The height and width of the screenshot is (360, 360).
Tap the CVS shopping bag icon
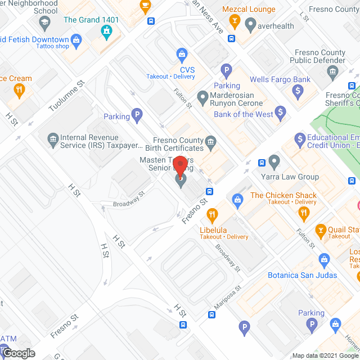coord(182,55)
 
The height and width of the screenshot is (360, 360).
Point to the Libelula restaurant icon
coord(212,214)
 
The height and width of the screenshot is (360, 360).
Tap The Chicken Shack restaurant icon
coord(304,212)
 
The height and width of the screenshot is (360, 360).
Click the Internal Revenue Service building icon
coord(53,138)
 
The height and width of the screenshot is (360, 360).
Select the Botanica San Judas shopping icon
coord(324,260)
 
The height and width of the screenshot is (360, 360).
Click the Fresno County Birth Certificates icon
coord(211,141)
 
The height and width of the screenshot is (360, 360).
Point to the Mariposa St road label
coord(228,299)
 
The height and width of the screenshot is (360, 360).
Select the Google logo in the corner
coord(19,353)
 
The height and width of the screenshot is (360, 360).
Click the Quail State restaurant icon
coord(321,229)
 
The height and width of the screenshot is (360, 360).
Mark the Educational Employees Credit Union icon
coord(298,138)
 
